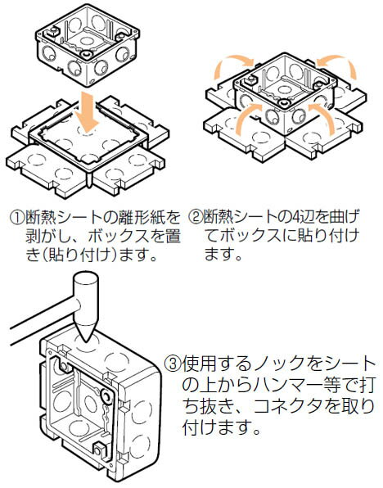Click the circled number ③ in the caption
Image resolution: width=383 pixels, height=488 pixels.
pyautogui.click(x=173, y=362)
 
